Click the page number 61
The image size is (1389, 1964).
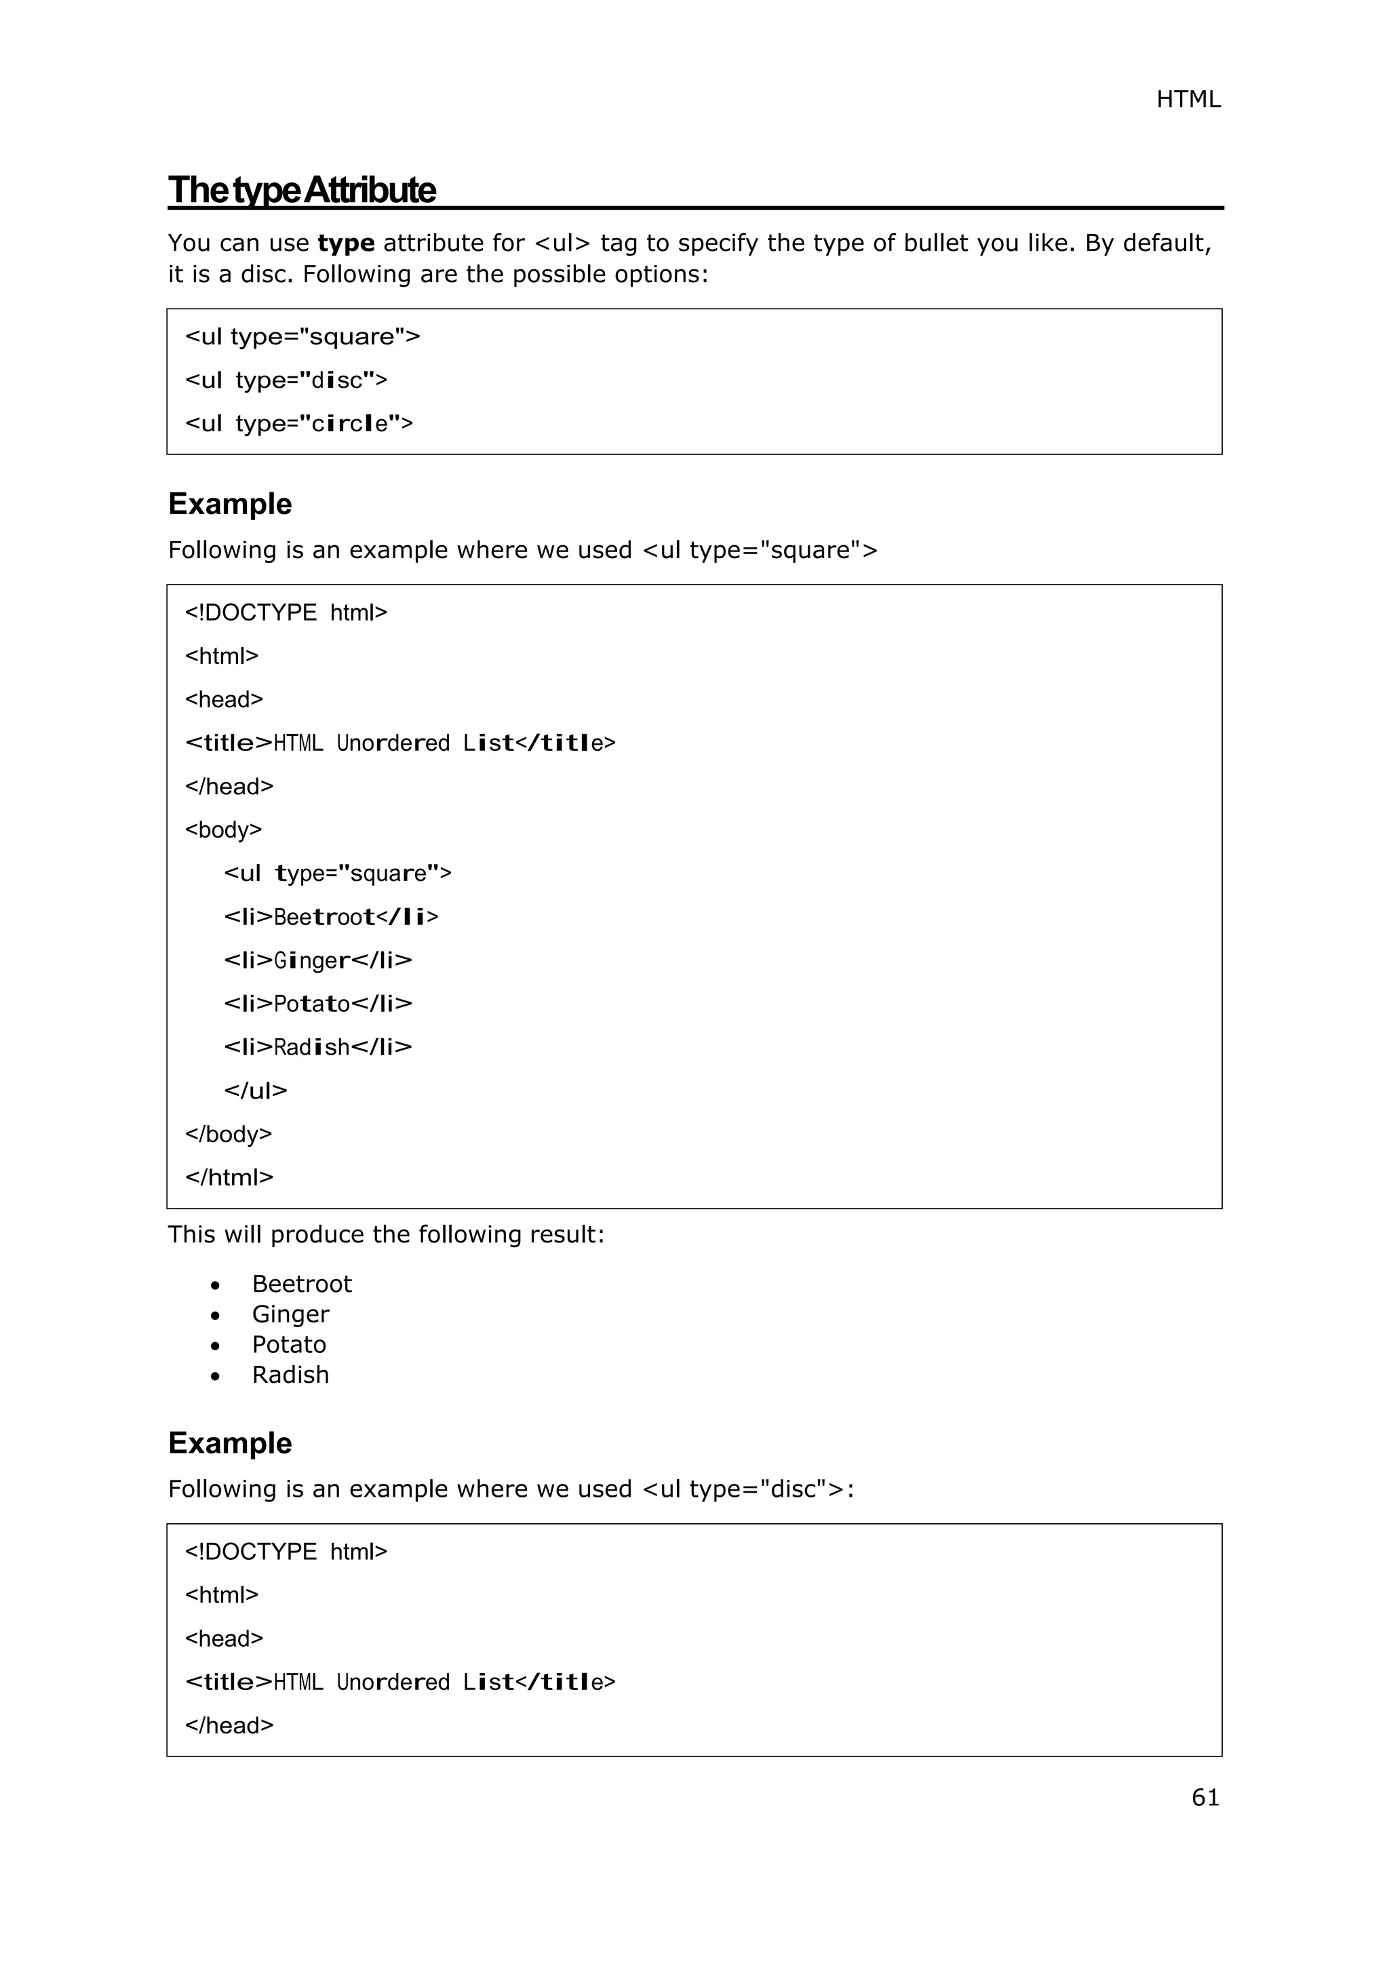coord(1205,1797)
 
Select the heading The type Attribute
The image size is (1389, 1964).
coord(302,190)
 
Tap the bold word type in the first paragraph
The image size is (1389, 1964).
coord(345,243)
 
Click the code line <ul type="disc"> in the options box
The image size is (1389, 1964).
coord(286,380)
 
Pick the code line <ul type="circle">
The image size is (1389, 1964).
coord(298,423)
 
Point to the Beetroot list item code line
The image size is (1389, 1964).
coord(331,917)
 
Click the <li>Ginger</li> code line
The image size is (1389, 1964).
coord(317,960)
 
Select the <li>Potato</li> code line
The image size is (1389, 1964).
coord(317,1004)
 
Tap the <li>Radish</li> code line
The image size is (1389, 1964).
coord(317,1047)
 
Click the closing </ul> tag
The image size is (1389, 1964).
coord(255,1091)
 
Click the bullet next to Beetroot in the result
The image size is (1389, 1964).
coord(216,1286)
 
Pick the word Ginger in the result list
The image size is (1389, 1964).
coord(290,1315)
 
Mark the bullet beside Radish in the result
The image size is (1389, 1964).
coord(216,1376)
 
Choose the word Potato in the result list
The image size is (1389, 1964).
coord(288,1345)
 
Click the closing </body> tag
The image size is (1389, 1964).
coord(229,1135)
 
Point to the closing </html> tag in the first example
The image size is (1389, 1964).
coord(229,1178)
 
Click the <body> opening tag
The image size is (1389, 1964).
coord(223,829)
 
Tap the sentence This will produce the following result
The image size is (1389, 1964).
coord(386,1234)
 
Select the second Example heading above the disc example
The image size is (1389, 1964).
coord(230,1443)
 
